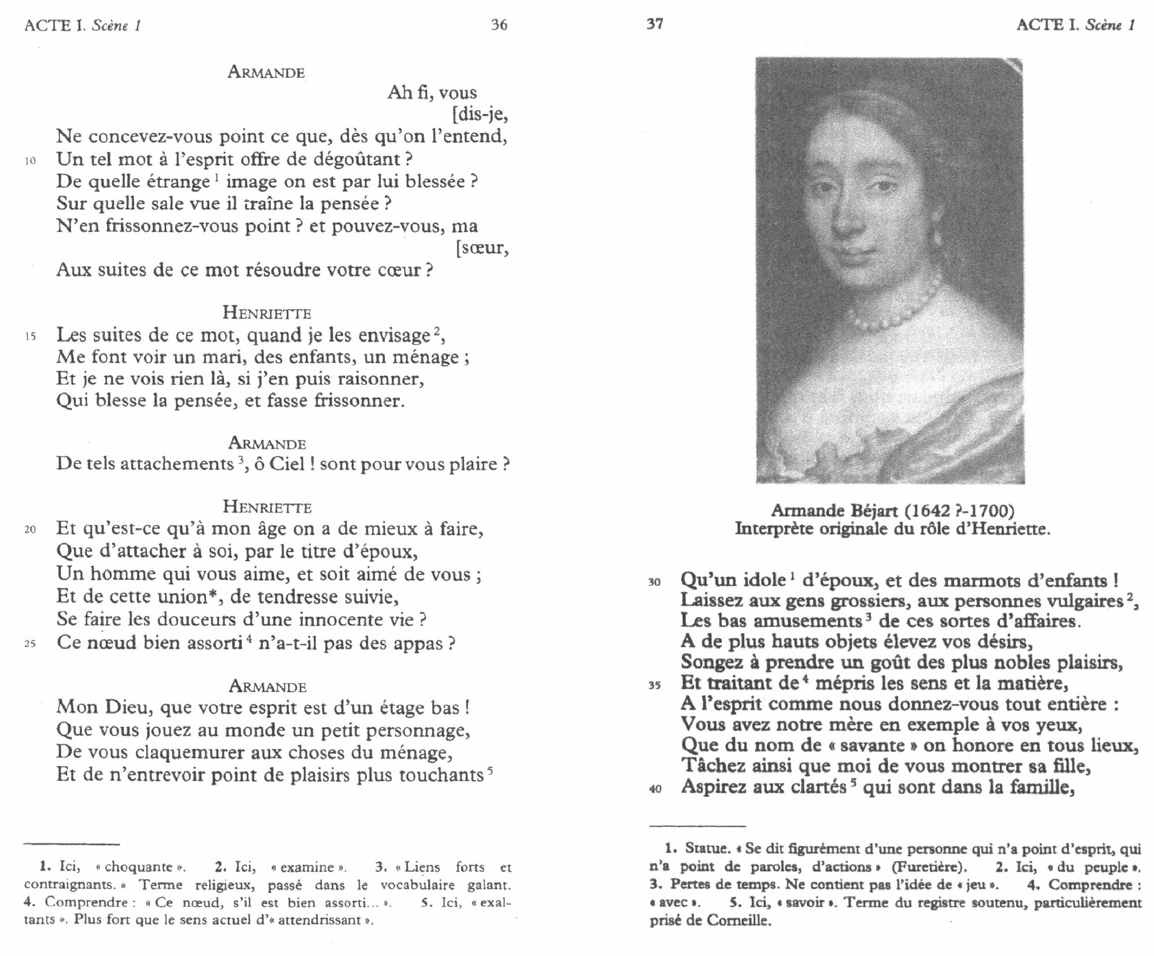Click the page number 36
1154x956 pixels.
pyautogui.click(x=499, y=25)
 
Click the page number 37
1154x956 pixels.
pyautogui.click(x=654, y=24)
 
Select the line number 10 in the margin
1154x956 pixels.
pyautogui.click(x=30, y=161)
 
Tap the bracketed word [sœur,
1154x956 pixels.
pyautogui.click(x=482, y=249)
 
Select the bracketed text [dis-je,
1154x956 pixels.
pyautogui.click(x=480, y=115)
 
